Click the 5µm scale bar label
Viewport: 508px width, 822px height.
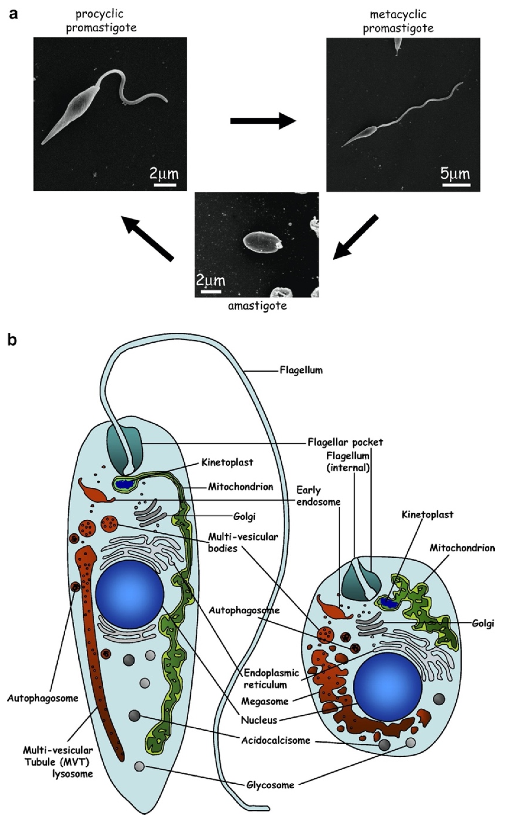tap(455, 174)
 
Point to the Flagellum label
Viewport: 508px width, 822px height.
tap(301, 370)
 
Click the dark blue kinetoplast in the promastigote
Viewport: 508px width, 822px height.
tap(124, 484)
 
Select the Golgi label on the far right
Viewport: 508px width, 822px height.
tap(483, 624)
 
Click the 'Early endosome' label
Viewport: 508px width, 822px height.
tap(318, 496)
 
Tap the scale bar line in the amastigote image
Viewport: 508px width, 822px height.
tap(211, 291)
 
